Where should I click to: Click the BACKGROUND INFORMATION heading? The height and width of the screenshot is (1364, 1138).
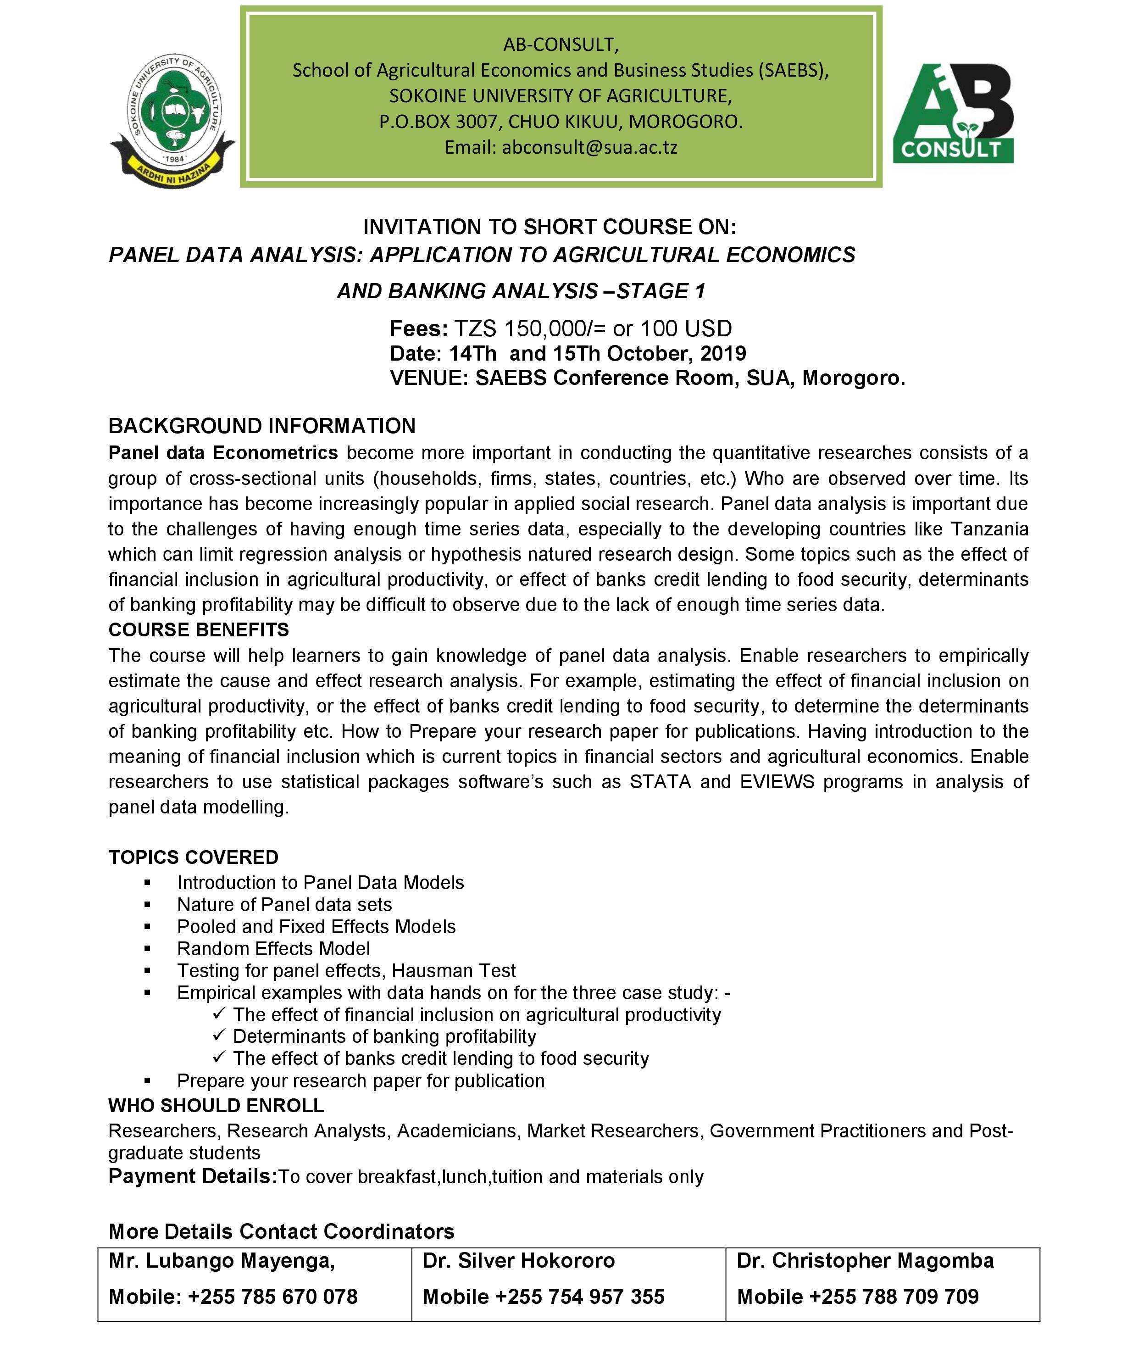coord(262,426)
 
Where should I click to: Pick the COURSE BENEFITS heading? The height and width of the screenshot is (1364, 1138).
coord(199,630)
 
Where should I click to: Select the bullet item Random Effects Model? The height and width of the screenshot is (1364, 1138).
coord(273,949)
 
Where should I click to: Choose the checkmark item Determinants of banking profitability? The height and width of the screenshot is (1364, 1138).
coord(384,1036)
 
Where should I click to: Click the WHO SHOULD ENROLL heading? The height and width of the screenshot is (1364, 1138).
coord(216,1106)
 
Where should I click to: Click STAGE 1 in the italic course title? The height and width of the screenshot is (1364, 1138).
coord(661,291)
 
